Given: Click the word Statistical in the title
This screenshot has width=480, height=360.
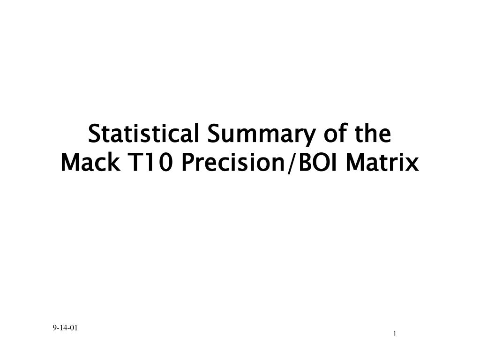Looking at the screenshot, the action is tap(143, 134).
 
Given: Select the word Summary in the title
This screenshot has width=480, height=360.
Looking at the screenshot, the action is tap(261, 135).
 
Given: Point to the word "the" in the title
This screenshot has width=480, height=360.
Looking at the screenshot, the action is tap(373, 134).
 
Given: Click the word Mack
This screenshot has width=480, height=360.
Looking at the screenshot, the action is tap(90, 162).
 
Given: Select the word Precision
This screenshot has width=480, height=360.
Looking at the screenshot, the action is tap(233, 162).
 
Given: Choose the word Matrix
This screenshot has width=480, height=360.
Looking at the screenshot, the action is tap(382, 162).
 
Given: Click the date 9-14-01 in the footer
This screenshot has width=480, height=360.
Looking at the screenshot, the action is tap(65, 328).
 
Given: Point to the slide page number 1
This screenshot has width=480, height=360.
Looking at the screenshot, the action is tap(395, 334).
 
